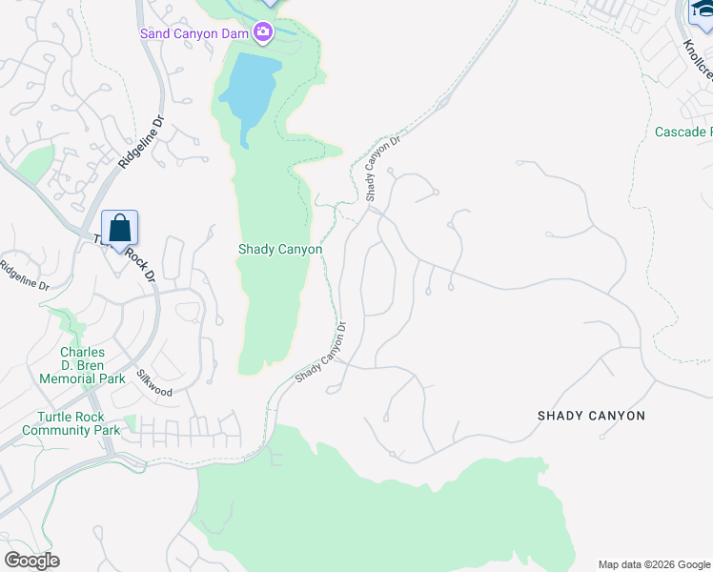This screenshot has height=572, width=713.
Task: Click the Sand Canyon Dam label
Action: pyautogui.click(x=195, y=33)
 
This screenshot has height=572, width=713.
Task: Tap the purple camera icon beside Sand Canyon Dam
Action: pyautogui.click(x=263, y=33)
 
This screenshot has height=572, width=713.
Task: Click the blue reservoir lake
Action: pyautogui.click(x=250, y=92)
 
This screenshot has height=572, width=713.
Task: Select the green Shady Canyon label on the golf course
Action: pyautogui.click(x=279, y=250)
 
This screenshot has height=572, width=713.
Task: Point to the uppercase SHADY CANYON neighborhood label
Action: pyautogui.click(x=591, y=416)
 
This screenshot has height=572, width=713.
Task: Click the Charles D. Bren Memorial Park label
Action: pyautogui.click(x=82, y=365)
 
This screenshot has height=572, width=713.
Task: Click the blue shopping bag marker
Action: pyautogui.click(x=119, y=229)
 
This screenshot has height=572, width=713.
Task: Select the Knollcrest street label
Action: pyautogui.click(x=697, y=60)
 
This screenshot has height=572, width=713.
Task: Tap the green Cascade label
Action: pyautogui.click(x=682, y=132)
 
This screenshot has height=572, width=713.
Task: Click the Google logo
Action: pyautogui.click(x=31, y=561)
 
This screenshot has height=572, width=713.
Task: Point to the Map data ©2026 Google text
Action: pyautogui.click(x=653, y=564)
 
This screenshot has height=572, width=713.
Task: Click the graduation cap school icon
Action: pyautogui.click(x=701, y=11)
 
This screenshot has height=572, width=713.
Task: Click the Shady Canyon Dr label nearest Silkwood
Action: pyautogui.click(x=320, y=352)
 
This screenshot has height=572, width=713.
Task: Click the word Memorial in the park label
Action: pyautogui.click(x=69, y=378)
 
